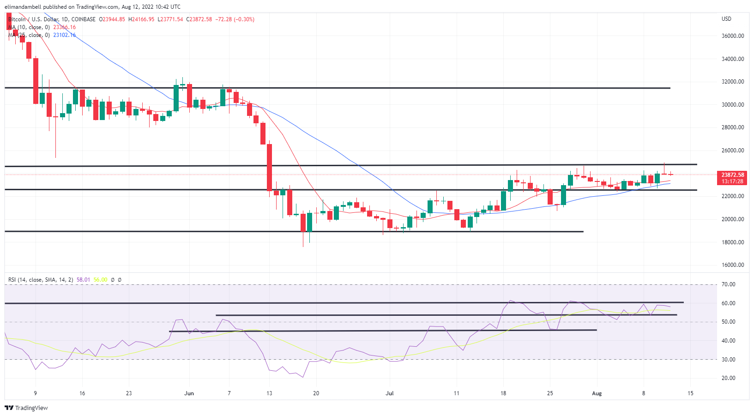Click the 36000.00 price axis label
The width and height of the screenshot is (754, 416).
click(x=733, y=36)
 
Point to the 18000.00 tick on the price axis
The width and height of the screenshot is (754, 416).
click(x=733, y=242)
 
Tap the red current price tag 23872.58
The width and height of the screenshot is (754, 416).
click(x=733, y=175)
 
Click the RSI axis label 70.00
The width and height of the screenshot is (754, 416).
click(x=728, y=284)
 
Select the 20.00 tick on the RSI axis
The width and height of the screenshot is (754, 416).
click(x=728, y=378)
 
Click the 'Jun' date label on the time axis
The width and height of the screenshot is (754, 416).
click(x=189, y=393)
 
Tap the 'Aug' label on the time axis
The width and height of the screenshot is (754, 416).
click(x=597, y=393)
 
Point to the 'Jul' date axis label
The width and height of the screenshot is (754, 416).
click(x=390, y=393)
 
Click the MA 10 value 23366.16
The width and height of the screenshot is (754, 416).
click(x=64, y=27)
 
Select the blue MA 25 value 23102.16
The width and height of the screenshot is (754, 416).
click(x=64, y=35)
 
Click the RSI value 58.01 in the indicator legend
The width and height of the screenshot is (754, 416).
click(x=83, y=280)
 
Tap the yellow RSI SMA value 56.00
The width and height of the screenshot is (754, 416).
click(x=100, y=280)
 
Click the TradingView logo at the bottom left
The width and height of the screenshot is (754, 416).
click(x=26, y=408)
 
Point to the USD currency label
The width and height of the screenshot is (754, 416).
click(x=726, y=19)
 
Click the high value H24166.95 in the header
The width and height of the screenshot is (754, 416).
click(x=141, y=19)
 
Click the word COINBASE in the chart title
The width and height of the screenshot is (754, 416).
click(x=84, y=19)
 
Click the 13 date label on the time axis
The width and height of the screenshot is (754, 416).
click(x=269, y=393)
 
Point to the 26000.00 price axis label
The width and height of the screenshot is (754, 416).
click(x=733, y=151)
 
